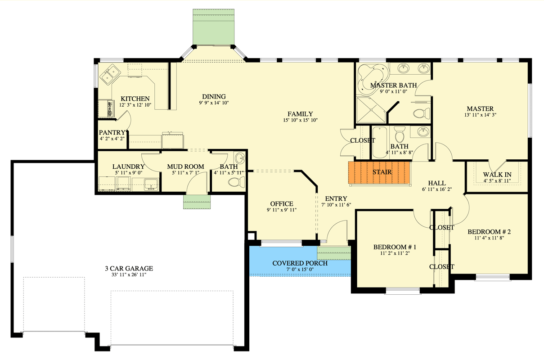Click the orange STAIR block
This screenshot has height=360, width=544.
(379, 173)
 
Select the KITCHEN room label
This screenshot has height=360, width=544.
(135, 99)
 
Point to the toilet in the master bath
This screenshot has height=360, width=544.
(421, 113)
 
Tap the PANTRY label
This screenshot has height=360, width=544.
(112, 132)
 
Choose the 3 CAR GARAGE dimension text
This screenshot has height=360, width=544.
(129, 275)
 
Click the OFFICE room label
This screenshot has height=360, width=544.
(282, 203)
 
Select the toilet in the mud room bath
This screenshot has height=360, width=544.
(236, 182)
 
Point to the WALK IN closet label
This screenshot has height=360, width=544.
(497, 175)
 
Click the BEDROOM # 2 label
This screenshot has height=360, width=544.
(489, 231)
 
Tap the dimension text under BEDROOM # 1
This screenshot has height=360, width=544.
(395, 253)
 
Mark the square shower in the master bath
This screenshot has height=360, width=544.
(371, 110)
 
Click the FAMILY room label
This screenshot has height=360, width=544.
(300, 114)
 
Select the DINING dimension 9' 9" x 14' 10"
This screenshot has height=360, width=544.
(214, 103)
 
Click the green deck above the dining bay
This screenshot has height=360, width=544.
(214, 27)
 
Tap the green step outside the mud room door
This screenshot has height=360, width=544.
(197, 202)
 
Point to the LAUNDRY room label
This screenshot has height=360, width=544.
(129, 166)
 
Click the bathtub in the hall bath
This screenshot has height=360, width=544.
(380, 142)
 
